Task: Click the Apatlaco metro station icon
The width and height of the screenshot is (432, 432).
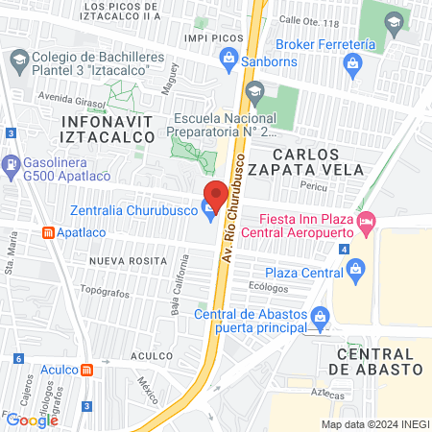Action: [x=47, y=232]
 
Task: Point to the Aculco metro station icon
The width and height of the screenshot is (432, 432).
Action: [x=87, y=370]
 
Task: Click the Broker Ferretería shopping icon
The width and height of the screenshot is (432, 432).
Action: [x=352, y=65]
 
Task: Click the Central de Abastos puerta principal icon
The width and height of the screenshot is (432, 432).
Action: [x=321, y=315]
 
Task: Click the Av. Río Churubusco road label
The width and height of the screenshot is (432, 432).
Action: [x=228, y=205]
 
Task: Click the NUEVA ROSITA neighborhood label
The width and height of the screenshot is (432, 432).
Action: [x=122, y=260]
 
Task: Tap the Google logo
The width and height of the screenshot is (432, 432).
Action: [x=32, y=420]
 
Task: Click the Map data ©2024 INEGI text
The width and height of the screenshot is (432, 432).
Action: [x=373, y=423]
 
